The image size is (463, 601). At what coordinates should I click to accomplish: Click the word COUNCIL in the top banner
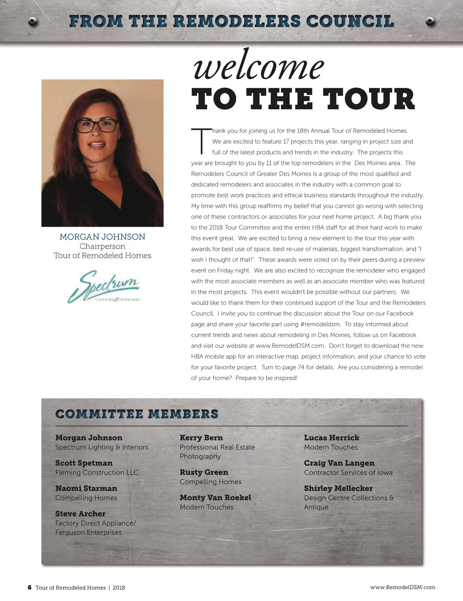pyautogui.click(x=350, y=21)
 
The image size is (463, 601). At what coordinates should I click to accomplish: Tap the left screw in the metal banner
pyautogui.click(x=33, y=21)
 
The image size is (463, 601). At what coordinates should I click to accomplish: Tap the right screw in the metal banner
pyautogui.click(x=430, y=21)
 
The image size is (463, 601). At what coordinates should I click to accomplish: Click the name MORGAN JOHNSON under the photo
pyautogui.click(x=102, y=237)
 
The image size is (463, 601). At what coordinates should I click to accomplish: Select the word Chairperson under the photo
pyautogui.click(x=102, y=246)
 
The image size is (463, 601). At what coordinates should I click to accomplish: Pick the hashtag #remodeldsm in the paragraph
pyautogui.click(x=320, y=324)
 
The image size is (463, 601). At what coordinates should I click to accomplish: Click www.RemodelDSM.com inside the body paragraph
pyautogui.click(x=290, y=346)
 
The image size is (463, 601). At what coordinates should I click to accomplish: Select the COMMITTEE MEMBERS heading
pyautogui.click(x=137, y=414)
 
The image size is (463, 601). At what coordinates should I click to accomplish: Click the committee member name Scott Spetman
pyautogui.click(x=84, y=463)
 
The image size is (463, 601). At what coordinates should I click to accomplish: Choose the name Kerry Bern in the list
pyautogui.click(x=201, y=438)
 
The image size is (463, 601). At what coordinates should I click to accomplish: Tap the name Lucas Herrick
pyautogui.click(x=331, y=438)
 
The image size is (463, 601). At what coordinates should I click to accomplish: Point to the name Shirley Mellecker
pyautogui.click(x=338, y=488)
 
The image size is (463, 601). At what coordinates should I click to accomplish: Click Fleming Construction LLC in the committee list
pyautogui.click(x=97, y=473)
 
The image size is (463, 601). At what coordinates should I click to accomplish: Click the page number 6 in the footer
pyautogui.click(x=29, y=587)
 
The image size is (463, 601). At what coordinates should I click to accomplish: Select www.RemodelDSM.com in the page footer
pyautogui.click(x=402, y=587)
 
